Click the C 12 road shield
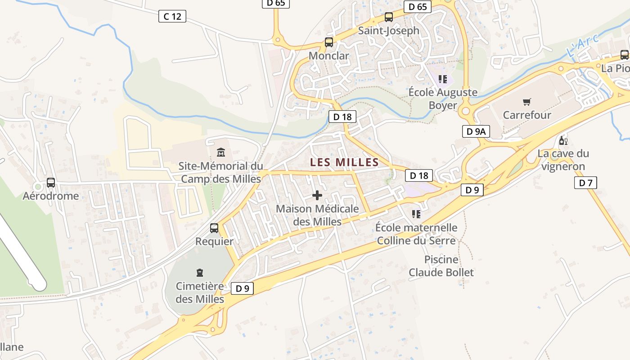tap(172, 17)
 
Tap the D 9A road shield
tap(476, 131)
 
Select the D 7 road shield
tap(585, 183)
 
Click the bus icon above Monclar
tap(329, 43)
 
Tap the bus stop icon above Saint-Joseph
tap(389, 18)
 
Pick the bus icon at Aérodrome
tap(51, 183)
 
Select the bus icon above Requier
tap(214, 228)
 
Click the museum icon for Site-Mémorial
tap(221, 153)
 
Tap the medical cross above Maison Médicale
tap(317, 195)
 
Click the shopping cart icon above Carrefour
tap(526, 102)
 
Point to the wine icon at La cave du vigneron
tap(563, 141)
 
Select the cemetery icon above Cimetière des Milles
tap(200, 272)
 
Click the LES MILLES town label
tap(344, 162)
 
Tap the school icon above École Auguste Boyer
tap(443, 80)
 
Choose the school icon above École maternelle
tap(416, 214)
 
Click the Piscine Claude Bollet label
tap(441, 266)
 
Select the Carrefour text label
tap(527, 115)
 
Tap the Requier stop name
tap(214, 241)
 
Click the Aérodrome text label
tap(51, 196)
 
